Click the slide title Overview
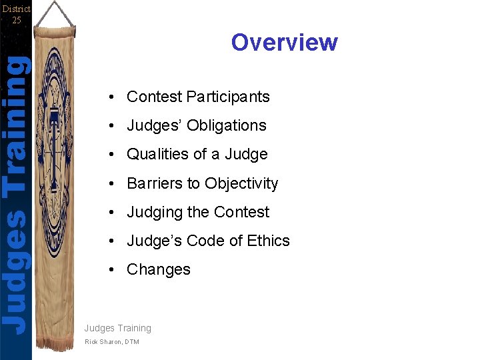pos(285,42)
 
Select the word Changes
pos(159,269)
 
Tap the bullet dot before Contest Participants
pos(115,97)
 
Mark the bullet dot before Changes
pos(115,270)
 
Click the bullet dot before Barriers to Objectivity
pos(115,184)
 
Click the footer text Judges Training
pos(118,328)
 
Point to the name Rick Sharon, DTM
pos(113,342)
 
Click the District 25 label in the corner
pos(16,13)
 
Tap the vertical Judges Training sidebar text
pos(16,193)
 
